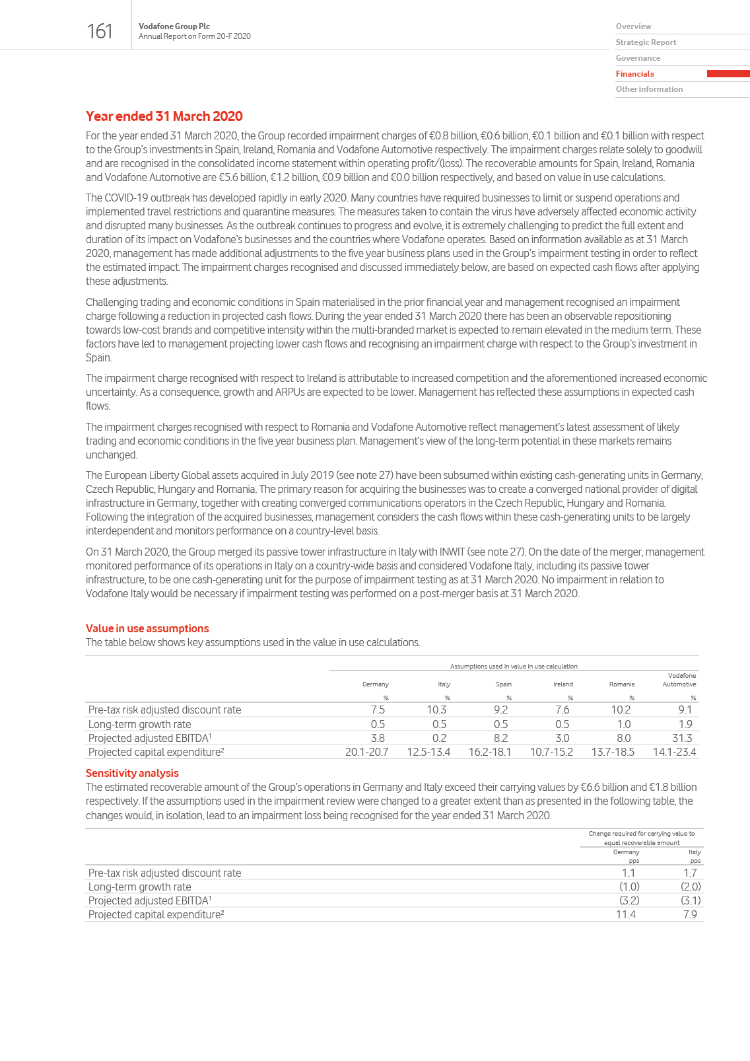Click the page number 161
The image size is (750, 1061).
100,31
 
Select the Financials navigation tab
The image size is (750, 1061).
634,74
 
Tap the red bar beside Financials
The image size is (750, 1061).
728,74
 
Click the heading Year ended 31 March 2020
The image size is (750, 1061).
164,116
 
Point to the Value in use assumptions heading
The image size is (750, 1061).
147,628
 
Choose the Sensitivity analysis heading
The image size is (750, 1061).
132,773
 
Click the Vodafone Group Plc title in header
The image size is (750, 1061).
174,26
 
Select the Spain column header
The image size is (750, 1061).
503,684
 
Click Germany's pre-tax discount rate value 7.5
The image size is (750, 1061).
378,710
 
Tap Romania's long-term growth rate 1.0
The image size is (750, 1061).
623,724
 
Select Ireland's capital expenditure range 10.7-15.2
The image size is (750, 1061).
551,752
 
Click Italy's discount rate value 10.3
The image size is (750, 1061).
436,710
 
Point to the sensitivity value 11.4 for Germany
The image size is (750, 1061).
625,914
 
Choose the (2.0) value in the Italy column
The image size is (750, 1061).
691,887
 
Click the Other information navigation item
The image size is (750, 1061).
649,89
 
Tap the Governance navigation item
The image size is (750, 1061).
638,58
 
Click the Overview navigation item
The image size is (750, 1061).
633,26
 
